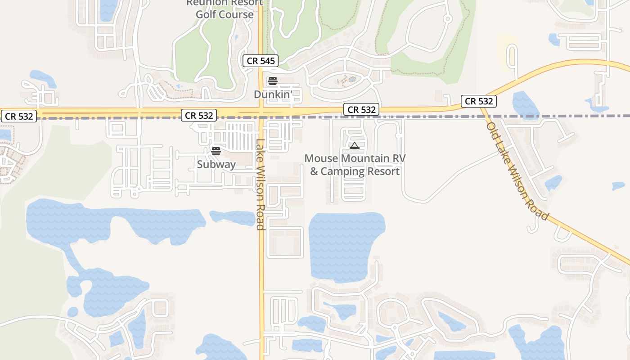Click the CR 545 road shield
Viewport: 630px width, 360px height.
(x=261, y=61)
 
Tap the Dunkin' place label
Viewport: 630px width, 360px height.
(x=273, y=94)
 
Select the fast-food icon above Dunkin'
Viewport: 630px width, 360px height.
(x=272, y=81)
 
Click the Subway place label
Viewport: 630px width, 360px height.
(x=216, y=164)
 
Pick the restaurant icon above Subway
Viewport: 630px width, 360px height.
(x=216, y=151)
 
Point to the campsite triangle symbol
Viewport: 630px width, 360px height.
(x=355, y=145)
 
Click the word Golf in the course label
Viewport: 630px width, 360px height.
(x=206, y=14)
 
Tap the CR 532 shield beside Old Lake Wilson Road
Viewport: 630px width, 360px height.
(x=479, y=101)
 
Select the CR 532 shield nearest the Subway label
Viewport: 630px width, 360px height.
(x=198, y=115)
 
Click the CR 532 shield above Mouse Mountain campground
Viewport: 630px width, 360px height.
(x=361, y=109)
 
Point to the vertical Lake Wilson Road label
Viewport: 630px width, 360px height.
(x=260, y=184)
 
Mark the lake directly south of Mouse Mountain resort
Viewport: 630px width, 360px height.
(x=346, y=243)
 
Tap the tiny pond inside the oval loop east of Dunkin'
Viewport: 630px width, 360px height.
(x=352, y=79)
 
